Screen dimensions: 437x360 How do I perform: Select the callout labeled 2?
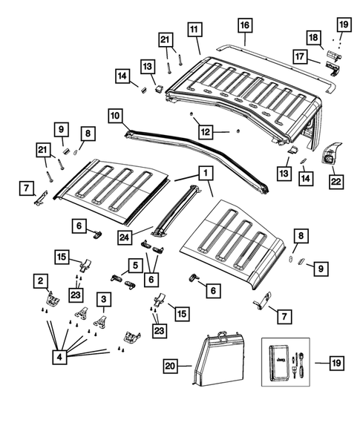point(36,280)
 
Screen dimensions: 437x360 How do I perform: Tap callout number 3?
point(105,299)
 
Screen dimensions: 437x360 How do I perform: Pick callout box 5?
point(135,263)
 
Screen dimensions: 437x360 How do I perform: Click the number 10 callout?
point(115,116)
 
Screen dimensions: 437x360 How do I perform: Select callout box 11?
point(194,30)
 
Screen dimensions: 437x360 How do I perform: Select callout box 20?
point(171,364)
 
